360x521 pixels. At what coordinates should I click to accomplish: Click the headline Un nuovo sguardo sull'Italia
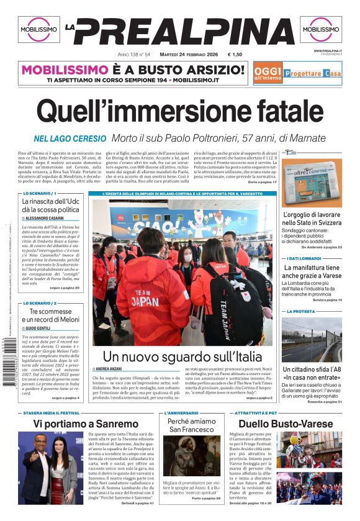pos(182,356)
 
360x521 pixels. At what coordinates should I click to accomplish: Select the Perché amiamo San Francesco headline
pos(191,425)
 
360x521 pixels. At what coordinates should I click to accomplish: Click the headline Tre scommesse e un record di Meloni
pos(51,315)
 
